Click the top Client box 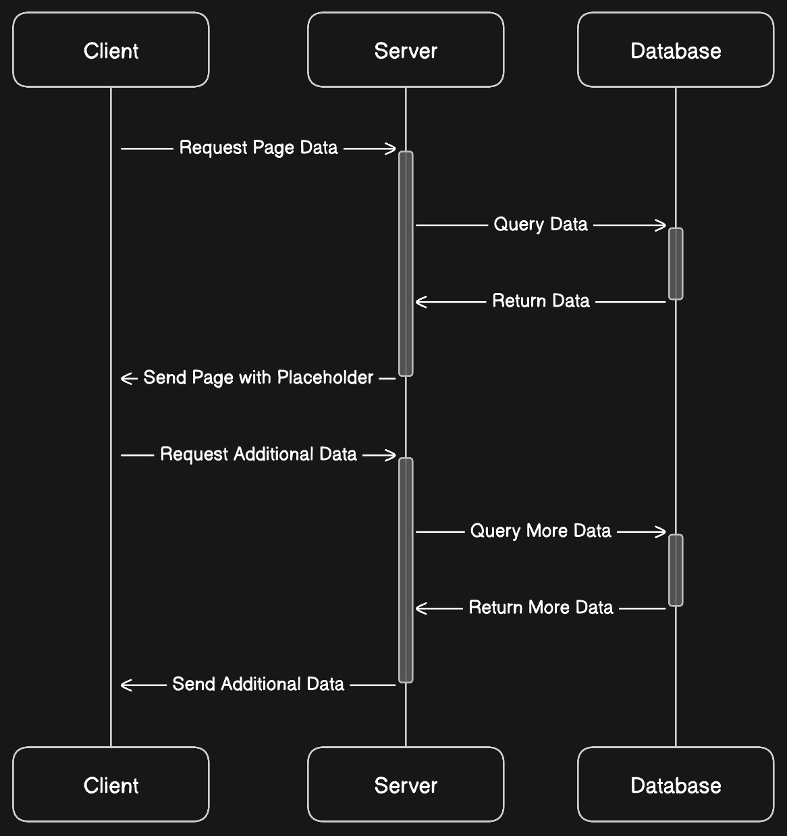[111, 50]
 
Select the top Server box [406, 50]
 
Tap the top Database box [676, 50]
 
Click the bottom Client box [111, 785]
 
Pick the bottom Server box [406, 785]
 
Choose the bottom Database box [676, 785]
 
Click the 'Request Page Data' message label [259, 148]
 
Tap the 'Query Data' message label [541, 224]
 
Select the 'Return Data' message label [541, 301]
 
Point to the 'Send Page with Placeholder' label [259, 377]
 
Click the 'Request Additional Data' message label [259, 454]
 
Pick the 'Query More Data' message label [541, 531]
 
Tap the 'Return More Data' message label [541, 608]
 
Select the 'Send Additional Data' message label [259, 684]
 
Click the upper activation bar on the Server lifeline [406, 263]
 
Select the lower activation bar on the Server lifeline [406, 570]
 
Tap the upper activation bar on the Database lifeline [676, 263]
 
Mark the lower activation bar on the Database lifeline [676, 570]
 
